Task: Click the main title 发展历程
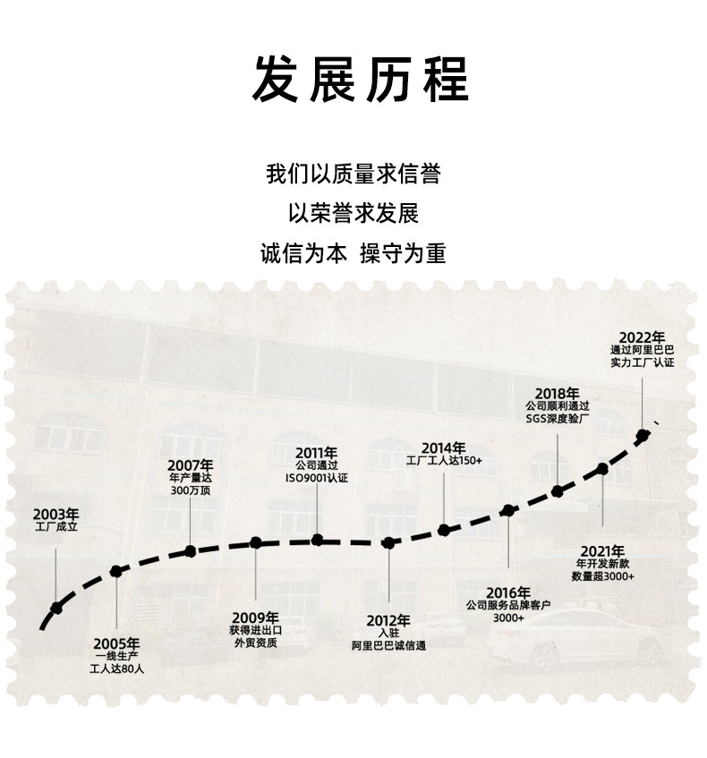click(361, 79)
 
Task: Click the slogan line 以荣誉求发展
click(353, 214)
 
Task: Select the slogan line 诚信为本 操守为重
click(353, 253)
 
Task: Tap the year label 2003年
click(55, 515)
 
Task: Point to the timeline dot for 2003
click(56, 608)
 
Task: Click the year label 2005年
click(116, 643)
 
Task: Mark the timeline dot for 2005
click(115, 571)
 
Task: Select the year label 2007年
click(191, 464)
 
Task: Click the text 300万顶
click(191, 490)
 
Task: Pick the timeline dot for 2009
click(255, 542)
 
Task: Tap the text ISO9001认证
click(317, 479)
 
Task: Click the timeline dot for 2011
click(317, 540)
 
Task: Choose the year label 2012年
click(388, 620)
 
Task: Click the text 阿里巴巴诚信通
click(388, 644)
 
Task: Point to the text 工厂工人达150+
click(444, 460)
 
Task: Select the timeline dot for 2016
click(508, 511)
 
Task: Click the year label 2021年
click(601, 550)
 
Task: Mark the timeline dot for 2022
click(642, 437)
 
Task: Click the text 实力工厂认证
click(642, 362)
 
